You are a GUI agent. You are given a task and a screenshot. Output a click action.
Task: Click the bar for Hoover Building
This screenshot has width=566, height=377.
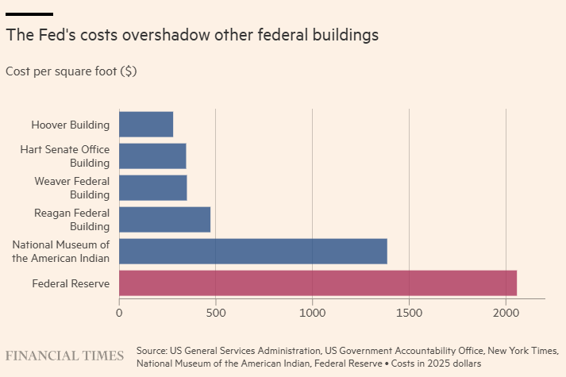tap(146, 125)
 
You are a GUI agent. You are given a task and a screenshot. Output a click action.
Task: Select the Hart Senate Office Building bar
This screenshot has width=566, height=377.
tap(152, 156)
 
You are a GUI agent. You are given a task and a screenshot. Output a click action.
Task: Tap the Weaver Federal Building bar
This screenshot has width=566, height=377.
tap(153, 188)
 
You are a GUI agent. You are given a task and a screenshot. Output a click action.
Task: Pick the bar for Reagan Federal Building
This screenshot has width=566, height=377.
tap(164, 220)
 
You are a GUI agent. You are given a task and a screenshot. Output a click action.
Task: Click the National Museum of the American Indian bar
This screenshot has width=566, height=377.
tap(253, 251)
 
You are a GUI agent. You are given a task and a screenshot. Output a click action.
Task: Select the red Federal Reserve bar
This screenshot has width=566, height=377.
tap(318, 283)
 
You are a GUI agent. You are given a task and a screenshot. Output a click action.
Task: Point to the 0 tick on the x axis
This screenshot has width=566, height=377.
tap(119, 313)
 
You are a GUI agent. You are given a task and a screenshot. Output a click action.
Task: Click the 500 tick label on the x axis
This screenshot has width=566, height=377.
tap(216, 313)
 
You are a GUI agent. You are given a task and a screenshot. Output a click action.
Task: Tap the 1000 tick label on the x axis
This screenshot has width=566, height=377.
tap(313, 313)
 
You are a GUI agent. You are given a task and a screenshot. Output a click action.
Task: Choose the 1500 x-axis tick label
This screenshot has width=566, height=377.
tap(409, 313)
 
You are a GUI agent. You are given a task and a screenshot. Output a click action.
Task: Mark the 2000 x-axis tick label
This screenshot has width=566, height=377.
tap(506, 313)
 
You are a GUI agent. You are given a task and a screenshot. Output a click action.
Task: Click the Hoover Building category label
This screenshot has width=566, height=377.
tap(70, 125)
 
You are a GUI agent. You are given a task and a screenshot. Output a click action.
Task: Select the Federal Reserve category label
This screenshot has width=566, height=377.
tap(71, 283)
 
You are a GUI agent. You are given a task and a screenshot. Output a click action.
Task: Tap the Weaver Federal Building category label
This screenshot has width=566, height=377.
tap(72, 188)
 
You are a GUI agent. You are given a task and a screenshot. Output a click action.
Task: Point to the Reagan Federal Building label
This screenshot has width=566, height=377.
tap(72, 220)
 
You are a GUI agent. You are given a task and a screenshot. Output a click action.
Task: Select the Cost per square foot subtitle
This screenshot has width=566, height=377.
tap(71, 71)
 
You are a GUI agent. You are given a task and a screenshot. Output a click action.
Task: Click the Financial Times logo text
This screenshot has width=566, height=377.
tap(65, 356)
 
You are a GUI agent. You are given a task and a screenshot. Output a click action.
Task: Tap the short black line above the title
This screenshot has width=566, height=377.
tap(29, 14)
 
